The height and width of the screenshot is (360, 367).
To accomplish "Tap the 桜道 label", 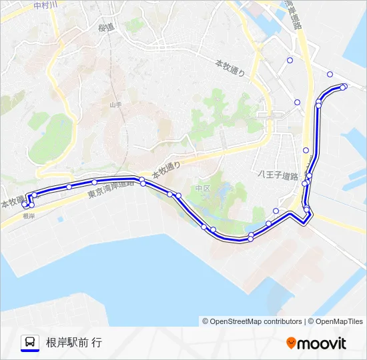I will click(106, 27).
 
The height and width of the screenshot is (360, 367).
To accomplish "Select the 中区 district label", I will click(203, 189).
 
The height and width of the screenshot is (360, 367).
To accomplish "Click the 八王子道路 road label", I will click(278, 176).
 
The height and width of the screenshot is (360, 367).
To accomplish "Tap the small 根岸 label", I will click(28, 216).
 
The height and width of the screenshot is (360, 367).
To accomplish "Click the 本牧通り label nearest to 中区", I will click(166, 169).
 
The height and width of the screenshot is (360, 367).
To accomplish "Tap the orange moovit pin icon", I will click(291, 343).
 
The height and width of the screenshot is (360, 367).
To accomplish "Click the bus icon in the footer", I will click(29, 341).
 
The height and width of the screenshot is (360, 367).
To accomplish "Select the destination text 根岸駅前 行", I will click(74, 343).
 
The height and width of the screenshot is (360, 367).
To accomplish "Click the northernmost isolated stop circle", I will click(290, 60).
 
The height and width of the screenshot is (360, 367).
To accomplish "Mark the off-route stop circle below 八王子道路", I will click(276, 211).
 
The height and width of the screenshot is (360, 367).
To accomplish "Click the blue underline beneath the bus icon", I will click(29, 351).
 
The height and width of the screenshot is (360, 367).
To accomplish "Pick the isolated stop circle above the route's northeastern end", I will click(330, 74).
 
